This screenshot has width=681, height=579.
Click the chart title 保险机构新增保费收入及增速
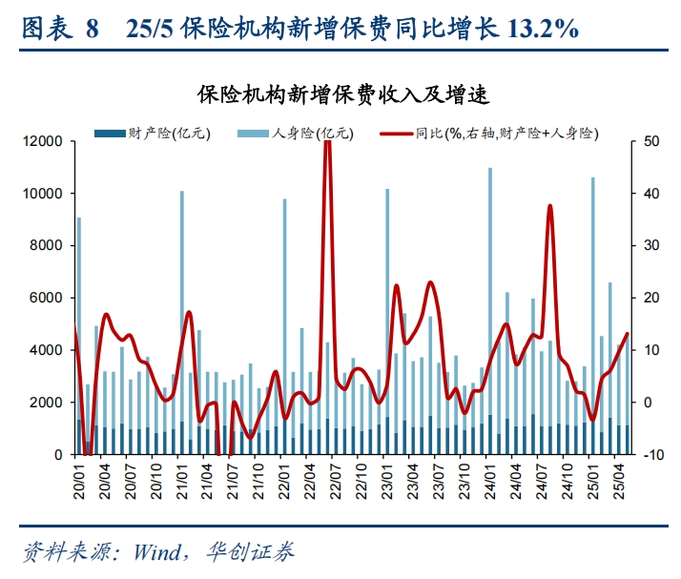(x=341, y=93)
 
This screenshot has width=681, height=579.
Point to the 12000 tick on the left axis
(x=43, y=141)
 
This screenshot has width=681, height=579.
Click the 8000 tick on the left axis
(x=47, y=246)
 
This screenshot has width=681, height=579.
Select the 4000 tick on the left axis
(x=47, y=350)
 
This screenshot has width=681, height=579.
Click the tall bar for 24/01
(x=490, y=305)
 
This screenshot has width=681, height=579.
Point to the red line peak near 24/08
(x=550, y=206)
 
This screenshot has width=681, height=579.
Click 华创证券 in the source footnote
(x=257, y=551)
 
